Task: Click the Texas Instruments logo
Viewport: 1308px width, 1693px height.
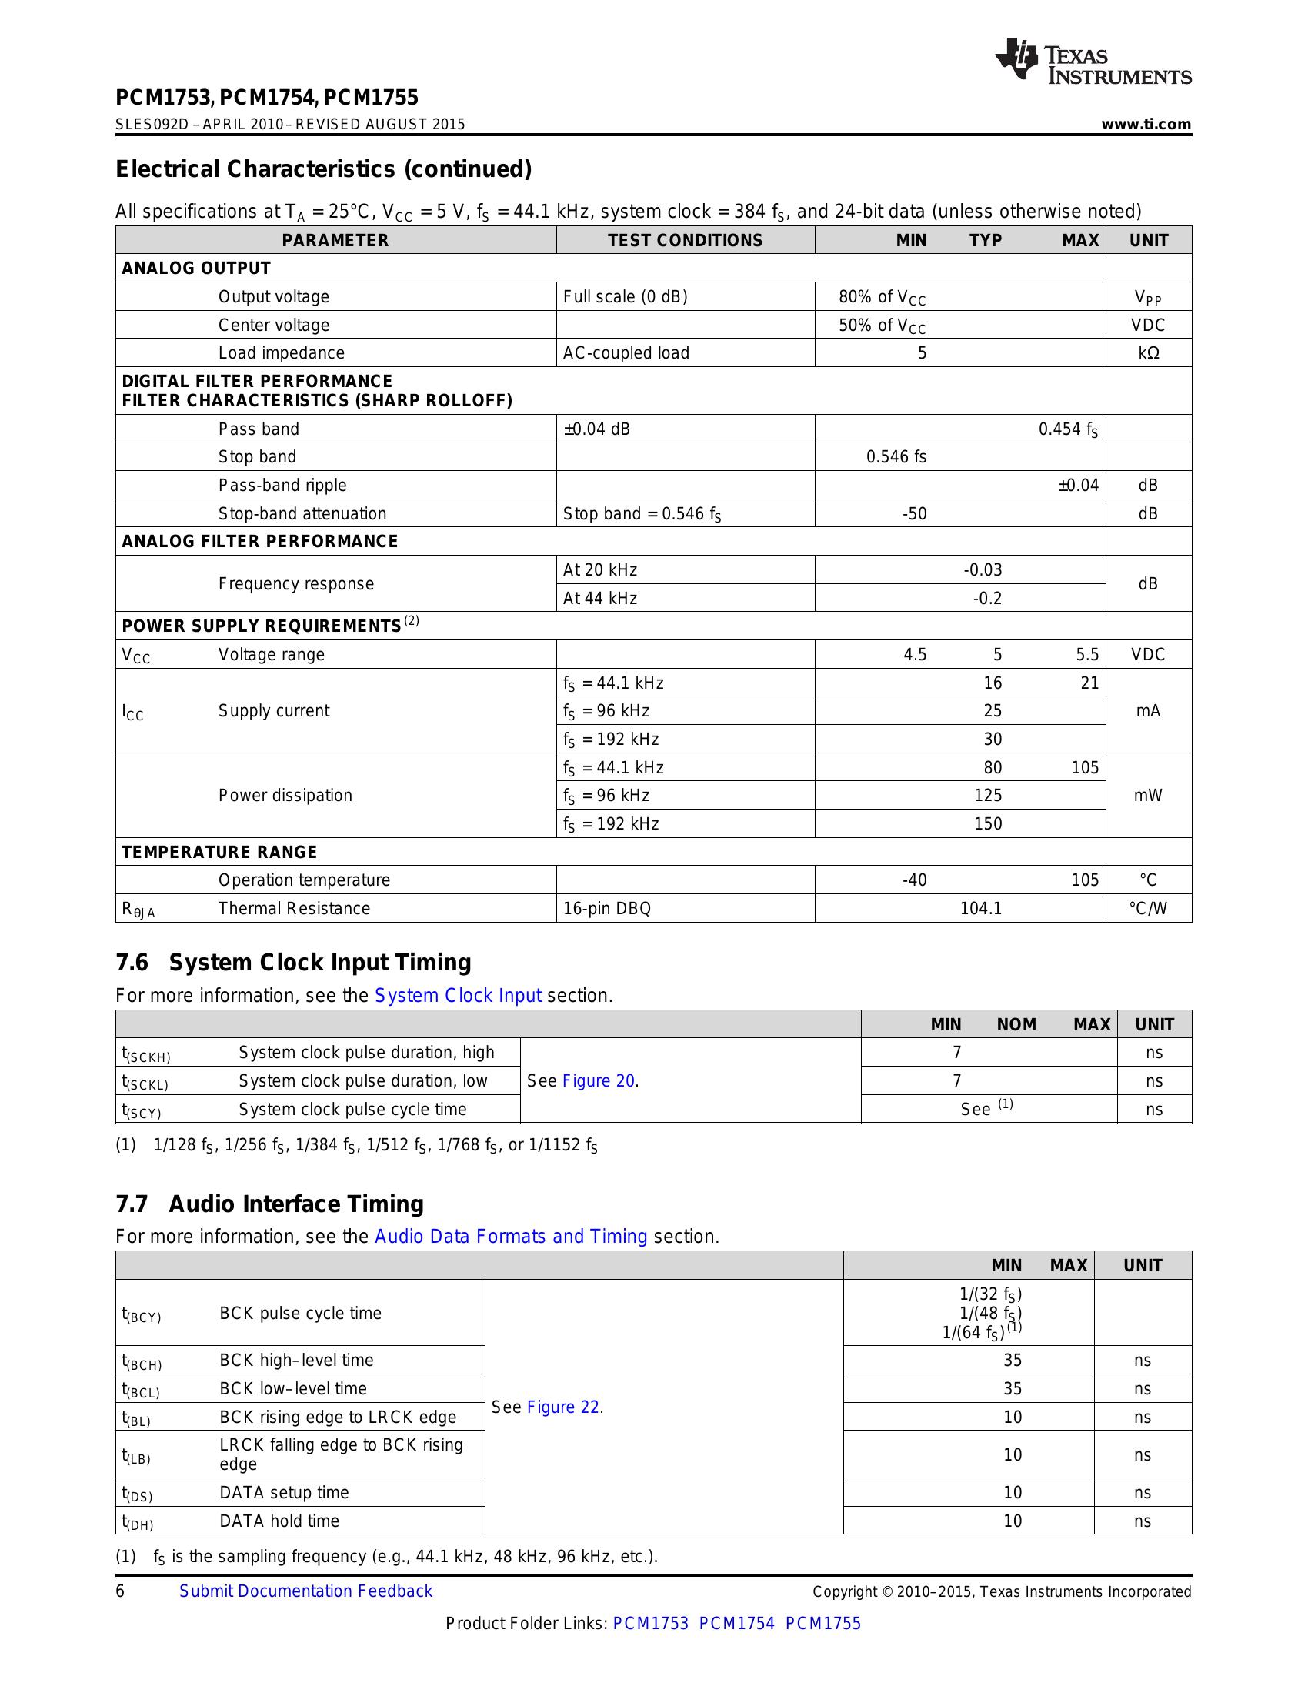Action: (1093, 62)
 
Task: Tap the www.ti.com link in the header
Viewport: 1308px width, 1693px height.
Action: (1146, 125)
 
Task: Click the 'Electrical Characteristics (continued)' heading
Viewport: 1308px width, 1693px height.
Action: (324, 169)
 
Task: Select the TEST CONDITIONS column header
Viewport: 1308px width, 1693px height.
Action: (685, 240)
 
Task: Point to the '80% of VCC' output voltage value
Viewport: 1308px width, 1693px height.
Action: (882, 297)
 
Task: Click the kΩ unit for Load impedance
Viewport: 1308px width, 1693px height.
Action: (1148, 353)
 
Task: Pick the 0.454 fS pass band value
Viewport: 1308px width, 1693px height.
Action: (1068, 429)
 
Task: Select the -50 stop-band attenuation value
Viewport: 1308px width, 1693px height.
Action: (914, 514)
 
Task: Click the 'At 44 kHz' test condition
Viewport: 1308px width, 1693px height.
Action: (600, 599)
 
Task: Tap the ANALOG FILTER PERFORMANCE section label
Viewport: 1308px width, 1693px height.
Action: (259, 541)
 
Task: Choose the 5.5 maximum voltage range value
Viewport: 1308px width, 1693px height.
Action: (1086, 655)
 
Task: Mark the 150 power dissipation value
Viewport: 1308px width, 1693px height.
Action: (988, 824)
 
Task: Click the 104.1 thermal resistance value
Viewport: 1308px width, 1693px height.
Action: (980, 909)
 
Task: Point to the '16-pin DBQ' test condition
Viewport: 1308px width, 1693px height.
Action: (607, 909)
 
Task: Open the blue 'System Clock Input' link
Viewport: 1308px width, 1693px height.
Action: (457, 995)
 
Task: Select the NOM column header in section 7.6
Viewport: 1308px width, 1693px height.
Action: (1016, 1025)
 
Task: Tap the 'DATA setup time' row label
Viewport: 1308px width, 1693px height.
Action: (284, 1492)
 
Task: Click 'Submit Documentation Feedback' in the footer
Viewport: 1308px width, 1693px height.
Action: (306, 1591)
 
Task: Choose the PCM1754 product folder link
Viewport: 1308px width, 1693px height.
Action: (736, 1623)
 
